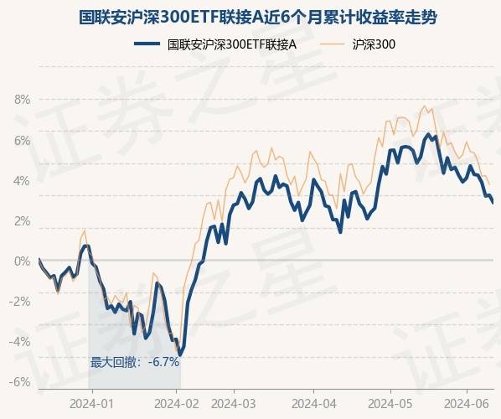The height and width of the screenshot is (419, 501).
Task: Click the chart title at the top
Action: pyautogui.click(x=257, y=17)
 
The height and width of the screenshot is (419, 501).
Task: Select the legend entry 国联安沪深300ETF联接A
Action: pyautogui.click(x=215, y=44)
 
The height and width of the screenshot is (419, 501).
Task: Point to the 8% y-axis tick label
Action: pyautogui.click(x=22, y=100)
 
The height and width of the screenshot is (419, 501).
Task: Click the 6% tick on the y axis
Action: pyautogui.click(x=22, y=140)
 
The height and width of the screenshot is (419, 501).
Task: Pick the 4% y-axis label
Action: pyautogui.click(x=22, y=181)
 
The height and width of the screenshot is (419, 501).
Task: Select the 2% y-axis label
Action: pyautogui.click(x=22, y=221)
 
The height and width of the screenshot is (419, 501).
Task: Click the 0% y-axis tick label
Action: pyautogui.click(x=22, y=261)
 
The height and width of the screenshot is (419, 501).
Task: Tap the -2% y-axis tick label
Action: pyautogui.click(x=19, y=302)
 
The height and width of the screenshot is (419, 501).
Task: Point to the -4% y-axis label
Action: pyautogui.click(x=19, y=342)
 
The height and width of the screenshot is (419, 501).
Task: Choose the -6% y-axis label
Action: pyautogui.click(x=19, y=382)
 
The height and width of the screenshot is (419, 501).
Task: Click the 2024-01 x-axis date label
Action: pyautogui.click(x=91, y=404)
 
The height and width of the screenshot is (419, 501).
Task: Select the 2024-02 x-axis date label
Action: pyautogui.click(x=177, y=404)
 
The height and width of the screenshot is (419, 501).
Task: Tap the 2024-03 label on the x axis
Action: pyautogui.click(x=234, y=404)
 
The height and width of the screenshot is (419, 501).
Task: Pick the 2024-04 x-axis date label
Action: pyautogui.click(x=314, y=404)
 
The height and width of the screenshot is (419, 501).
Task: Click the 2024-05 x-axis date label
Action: pyautogui.click(x=390, y=404)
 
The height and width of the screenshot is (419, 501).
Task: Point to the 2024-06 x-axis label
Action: pyautogui.click(x=467, y=404)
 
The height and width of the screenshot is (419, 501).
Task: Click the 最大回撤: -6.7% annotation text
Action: pyautogui.click(x=135, y=362)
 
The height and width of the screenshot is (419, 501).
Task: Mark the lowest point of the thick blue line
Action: pyautogui.click(x=180, y=354)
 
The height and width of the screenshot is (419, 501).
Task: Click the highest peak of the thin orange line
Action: pyautogui.click(x=425, y=106)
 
